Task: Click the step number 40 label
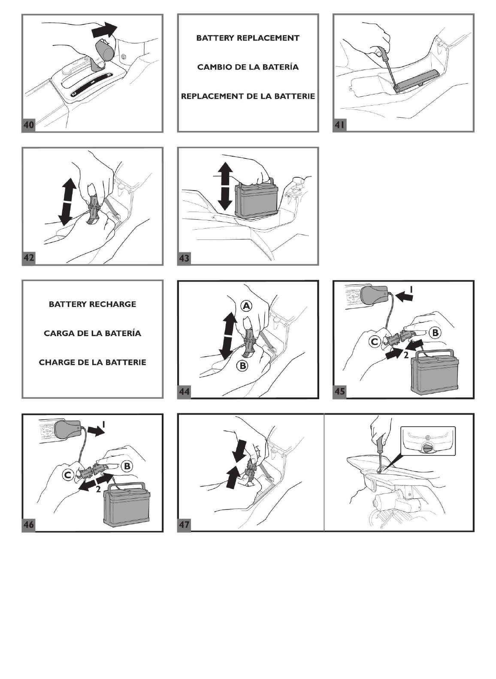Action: click(29, 125)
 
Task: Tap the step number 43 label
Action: click(184, 258)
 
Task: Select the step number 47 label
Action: click(184, 524)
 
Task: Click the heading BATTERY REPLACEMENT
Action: click(248, 38)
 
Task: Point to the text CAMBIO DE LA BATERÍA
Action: click(248, 67)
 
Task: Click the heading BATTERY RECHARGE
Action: click(92, 304)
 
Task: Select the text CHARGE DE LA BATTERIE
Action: click(92, 362)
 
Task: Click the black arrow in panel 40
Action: click(104, 30)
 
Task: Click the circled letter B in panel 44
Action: click(242, 366)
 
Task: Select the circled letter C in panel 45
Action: click(375, 342)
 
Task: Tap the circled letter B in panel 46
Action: click(127, 466)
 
